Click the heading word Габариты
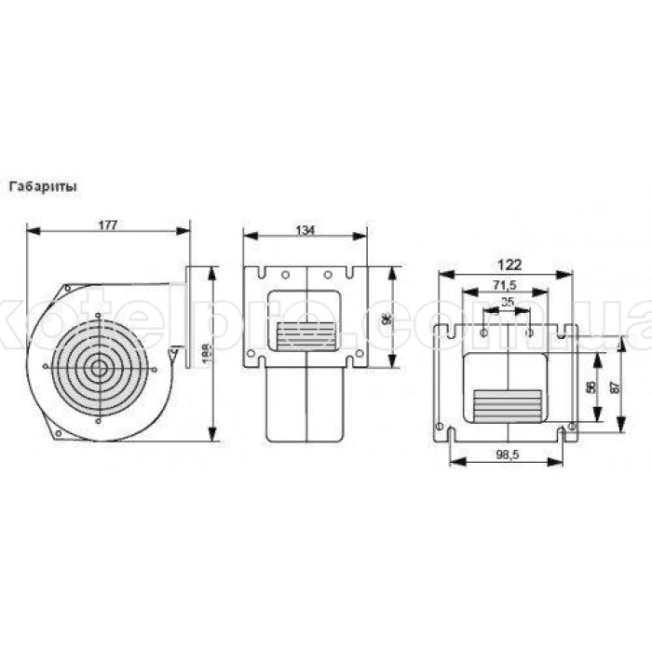[43, 185]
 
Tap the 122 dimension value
[508, 265]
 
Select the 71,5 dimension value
[507, 284]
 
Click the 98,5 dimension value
[508, 454]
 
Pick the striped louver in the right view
[507, 402]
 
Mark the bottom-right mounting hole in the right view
[571, 427]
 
